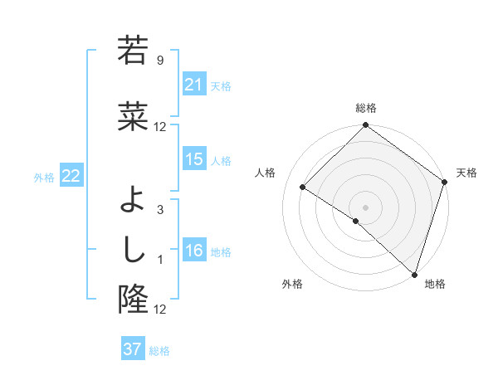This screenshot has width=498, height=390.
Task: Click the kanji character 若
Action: [x=133, y=51]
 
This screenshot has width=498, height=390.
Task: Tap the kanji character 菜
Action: [x=133, y=117]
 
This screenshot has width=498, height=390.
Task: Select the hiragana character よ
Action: [x=133, y=200]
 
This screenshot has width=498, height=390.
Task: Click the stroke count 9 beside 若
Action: [x=160, y=61]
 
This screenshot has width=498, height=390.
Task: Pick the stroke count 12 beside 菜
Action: [x=160, y=127]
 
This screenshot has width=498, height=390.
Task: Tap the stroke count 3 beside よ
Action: [x=160, y=210]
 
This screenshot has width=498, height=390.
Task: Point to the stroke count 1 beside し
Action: [x=160, y=260]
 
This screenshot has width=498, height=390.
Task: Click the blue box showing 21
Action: [x=194, y=85]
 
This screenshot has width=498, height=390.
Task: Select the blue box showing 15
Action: [x=194, y=159]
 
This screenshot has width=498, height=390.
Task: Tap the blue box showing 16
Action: [x=194, y=251]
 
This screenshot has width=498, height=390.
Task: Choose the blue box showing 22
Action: [x=71, y=176]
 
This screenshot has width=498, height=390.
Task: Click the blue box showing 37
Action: [x=132, y=349]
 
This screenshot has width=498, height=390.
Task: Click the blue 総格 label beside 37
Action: [x=159, y=351]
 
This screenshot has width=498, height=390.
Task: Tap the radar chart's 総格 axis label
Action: [x=365, y=108]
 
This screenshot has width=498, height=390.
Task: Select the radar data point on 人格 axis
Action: [x=303, y=188]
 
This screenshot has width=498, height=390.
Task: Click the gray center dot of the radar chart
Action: [x=365, y=207]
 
